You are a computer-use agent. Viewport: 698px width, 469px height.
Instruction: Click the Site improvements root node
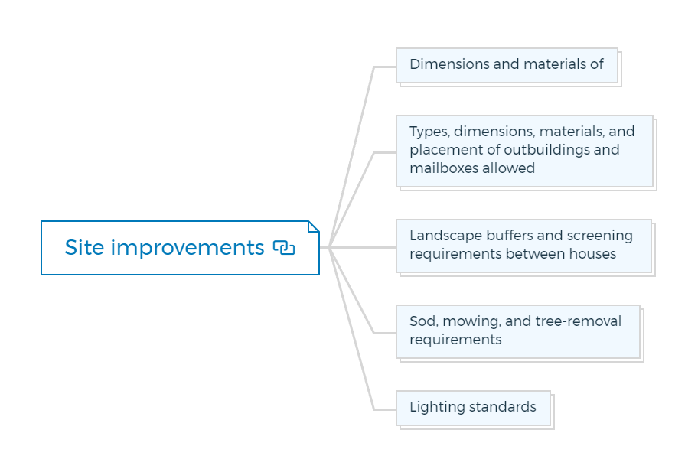coord(180,248)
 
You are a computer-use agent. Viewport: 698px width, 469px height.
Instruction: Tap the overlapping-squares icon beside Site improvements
coord(284,247)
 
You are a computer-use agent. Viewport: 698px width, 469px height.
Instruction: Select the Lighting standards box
coord(473,408)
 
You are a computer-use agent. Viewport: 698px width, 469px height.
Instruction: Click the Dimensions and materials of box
coord(507,65)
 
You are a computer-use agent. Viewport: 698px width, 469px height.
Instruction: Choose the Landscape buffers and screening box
coord(524,246)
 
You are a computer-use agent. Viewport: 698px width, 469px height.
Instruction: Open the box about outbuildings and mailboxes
coord(525,151)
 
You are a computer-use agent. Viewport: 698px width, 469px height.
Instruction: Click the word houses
coord(593,254)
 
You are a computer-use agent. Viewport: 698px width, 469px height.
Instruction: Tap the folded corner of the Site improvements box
coord(314,226)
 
